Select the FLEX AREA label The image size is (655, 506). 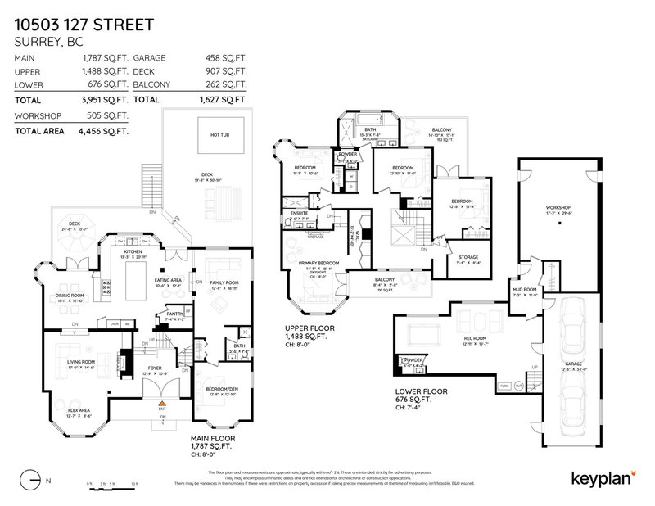tap(65, 410)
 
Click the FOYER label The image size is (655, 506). tap(155, 368)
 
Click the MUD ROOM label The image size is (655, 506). tap(524, 289)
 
